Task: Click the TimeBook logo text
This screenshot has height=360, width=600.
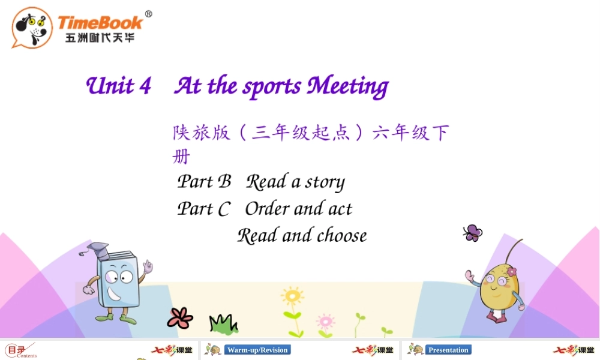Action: point(100,23)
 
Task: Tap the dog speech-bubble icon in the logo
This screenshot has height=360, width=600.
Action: point(32,27)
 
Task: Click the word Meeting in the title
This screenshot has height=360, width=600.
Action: point(347,86)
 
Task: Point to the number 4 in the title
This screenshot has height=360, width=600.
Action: point(145,86)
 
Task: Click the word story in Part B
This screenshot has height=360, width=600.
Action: point(325,182)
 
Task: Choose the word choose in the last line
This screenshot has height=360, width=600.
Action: point(341,235)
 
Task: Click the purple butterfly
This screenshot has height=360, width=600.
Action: point(473,233)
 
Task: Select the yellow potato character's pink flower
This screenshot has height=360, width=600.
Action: point(511,272)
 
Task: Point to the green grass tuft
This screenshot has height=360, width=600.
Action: point(223,324)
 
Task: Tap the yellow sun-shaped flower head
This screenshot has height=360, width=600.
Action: point(292,296)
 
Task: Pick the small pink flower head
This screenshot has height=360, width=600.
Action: point(325,319)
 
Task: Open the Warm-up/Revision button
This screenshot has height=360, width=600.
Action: point(257,350)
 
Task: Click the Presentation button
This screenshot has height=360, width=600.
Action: point(448,350)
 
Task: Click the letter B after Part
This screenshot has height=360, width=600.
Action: point(224,181)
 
